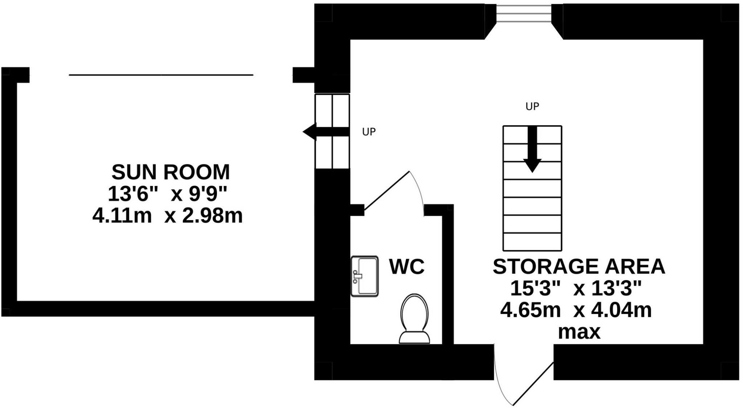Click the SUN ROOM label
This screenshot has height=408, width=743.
point(171,172)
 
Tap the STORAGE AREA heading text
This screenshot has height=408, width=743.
point(579,266)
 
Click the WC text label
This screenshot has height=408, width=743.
point(407,267)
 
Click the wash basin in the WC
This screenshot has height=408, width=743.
point(365,276)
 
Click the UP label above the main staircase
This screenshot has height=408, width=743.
point(532,106)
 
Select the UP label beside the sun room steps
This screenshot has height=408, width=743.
point(369,132)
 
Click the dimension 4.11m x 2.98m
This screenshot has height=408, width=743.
point(167,216)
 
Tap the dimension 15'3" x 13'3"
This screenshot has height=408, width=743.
point(576,289)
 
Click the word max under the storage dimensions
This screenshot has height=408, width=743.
point(579,332)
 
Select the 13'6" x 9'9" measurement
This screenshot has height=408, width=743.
point(167,194)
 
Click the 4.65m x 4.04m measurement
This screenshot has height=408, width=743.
point(576,310)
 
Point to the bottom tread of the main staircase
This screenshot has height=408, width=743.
point(532,242)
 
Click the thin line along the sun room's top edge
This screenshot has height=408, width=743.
point(161,75)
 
